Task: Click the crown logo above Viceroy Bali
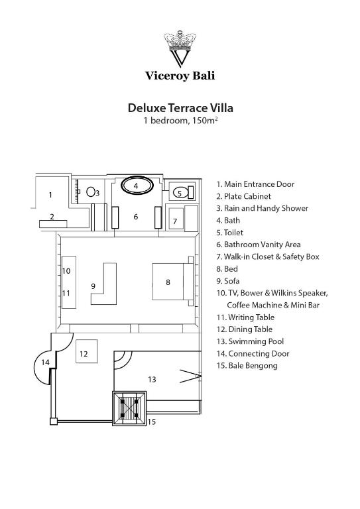180,48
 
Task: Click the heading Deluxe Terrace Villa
180,108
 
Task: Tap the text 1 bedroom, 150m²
180,121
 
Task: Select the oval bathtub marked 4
137,186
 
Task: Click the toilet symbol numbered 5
182,193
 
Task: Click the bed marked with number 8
172,281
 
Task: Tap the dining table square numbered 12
86,351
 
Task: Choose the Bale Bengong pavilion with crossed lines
129,408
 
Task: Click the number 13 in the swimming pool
152,379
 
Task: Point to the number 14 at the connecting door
45,362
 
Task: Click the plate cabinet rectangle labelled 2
53,223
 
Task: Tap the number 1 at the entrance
50,195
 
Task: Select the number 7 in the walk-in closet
175,221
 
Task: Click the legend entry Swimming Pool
251,341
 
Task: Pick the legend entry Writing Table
245,317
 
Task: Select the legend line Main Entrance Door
255,184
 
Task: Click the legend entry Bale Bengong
247,366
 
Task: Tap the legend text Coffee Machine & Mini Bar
273,305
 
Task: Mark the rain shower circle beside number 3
91,192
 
